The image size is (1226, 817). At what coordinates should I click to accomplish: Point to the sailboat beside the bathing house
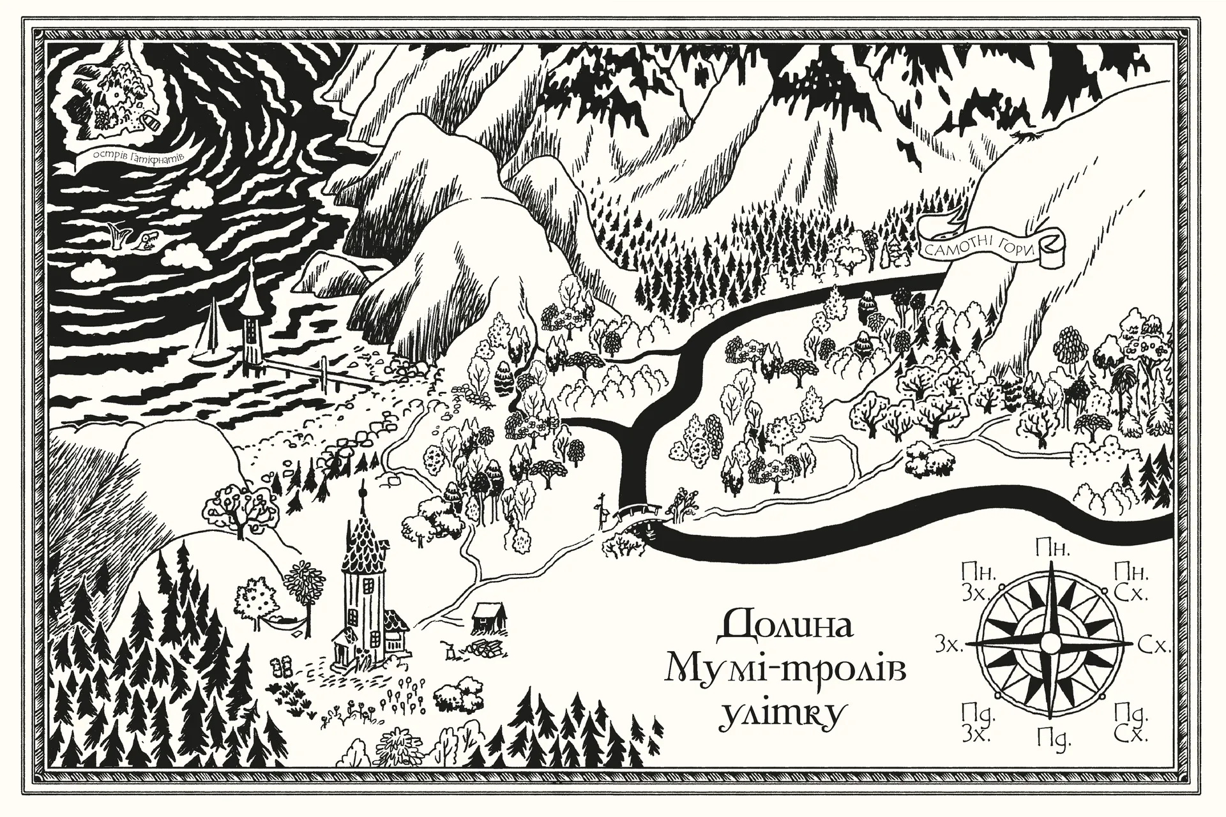tap(211, 335)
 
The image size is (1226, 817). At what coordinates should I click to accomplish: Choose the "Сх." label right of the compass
tap(1156, 645)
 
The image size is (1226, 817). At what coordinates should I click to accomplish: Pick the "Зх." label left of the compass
tap(949, 645)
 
